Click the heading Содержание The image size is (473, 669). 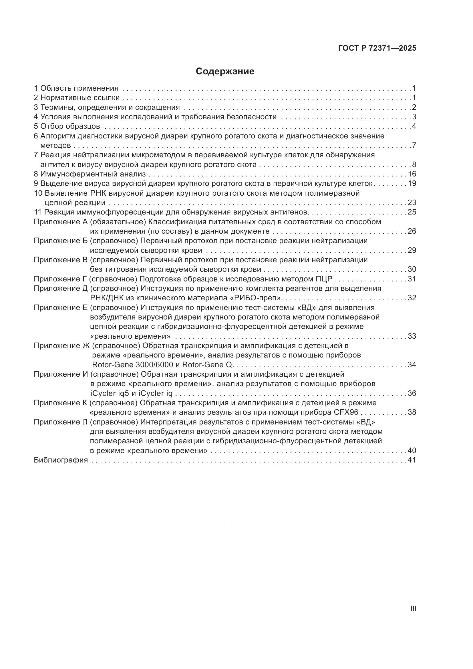[225, 72]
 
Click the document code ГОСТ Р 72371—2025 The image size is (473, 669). [377, 48]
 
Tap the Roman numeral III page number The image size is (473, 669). [413, 608]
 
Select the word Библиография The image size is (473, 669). [61, 460]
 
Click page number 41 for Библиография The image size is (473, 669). [412, 460]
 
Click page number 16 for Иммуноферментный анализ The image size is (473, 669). [412, 174]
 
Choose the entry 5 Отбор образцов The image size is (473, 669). [67, 126]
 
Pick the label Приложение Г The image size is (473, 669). [60, 279]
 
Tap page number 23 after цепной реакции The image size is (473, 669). [412, 203]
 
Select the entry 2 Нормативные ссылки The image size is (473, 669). [77, 98]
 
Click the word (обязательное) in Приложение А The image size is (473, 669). [118, 222]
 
